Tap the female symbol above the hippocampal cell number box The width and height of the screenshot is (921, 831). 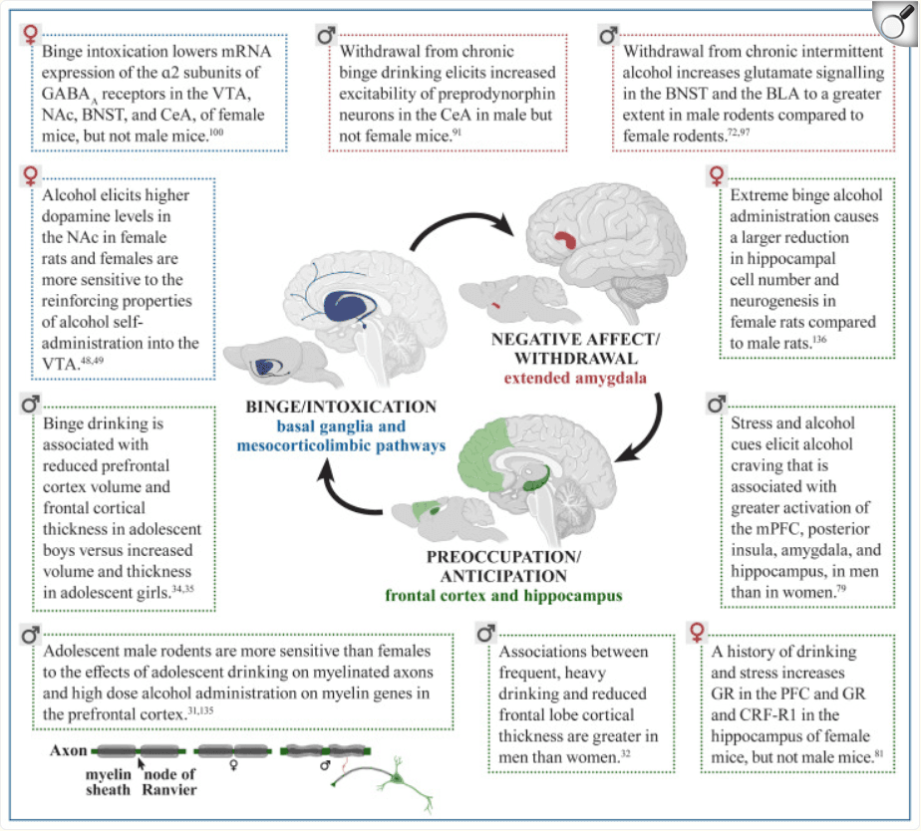click(x=716, y=176)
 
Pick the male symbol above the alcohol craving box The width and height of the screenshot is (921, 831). click(x=716, y=404)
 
